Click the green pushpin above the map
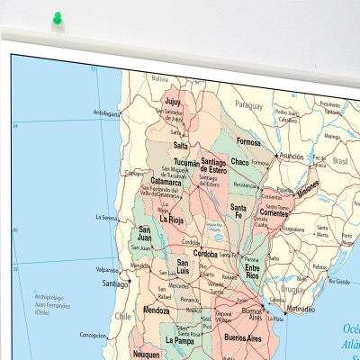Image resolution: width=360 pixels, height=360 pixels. pos(58,17)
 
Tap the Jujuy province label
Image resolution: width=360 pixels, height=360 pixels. pos(172,102)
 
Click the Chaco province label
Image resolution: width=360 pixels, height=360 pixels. pos(239,162)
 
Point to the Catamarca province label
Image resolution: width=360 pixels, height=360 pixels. pos(166,182)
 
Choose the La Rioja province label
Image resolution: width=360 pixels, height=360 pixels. pos(172,218)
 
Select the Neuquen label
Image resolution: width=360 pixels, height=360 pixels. pos(146,355)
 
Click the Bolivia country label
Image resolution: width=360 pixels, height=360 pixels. pos(160,79)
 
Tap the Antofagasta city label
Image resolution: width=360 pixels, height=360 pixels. pos(106,113)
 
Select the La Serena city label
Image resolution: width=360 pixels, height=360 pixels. pos(107,217)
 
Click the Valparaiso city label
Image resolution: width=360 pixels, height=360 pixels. pos(107,268)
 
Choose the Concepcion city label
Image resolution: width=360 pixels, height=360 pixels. pos(92,335)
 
